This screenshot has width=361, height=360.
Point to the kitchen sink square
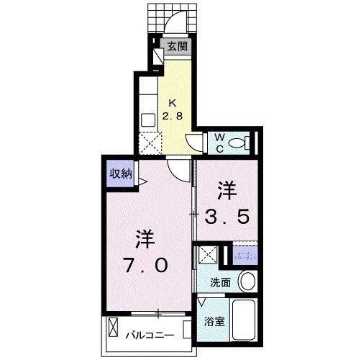tap(148, 120)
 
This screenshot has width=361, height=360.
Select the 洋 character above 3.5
tap(227, 190)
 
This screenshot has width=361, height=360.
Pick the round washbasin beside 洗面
tap(247, 281)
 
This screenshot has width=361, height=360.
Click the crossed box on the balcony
tap(113, 329)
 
